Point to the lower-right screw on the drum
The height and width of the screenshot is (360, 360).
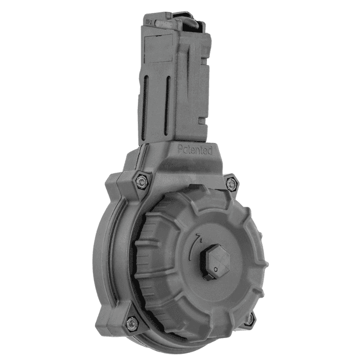point(247,319)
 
